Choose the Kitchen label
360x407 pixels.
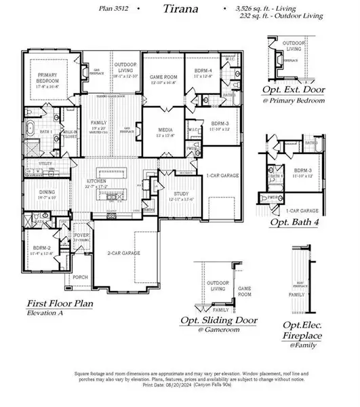[x=96, y=183]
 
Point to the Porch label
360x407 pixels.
[x=80, y=277]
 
